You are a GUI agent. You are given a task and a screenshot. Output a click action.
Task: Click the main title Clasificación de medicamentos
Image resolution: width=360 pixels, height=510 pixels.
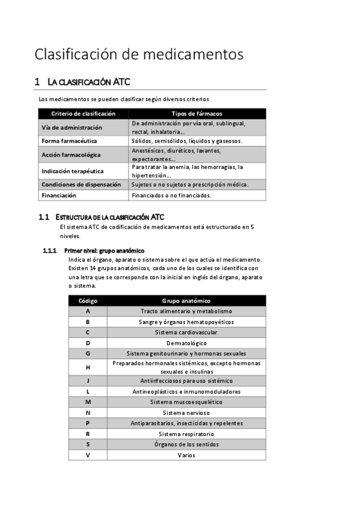tap(139, 54)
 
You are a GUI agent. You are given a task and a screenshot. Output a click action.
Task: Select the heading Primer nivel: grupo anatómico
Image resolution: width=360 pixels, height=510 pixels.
tap(104, 250)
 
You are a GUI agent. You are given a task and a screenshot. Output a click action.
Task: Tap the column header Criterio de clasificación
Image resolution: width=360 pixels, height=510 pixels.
tap(83, 113)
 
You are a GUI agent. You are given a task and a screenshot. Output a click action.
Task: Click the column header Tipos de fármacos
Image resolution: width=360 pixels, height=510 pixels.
tap(197, 113)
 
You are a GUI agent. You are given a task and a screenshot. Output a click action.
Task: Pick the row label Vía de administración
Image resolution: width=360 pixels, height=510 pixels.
tap(72, 127)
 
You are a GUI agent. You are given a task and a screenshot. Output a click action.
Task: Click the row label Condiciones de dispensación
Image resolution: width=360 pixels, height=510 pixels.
tap(81, 184)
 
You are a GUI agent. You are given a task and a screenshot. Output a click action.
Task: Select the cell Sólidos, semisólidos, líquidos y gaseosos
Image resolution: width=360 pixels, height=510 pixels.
tap(187, 141)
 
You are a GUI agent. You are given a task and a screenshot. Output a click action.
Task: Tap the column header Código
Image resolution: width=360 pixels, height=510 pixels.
tap(88, 300)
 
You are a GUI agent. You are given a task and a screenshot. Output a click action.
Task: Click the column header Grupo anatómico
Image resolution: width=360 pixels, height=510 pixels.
tap(186, 300)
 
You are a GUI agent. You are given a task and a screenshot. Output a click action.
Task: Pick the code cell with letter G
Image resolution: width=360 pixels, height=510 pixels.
tap(88, 353)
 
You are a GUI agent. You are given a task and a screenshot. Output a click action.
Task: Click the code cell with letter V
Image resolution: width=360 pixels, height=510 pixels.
tap(88, 455)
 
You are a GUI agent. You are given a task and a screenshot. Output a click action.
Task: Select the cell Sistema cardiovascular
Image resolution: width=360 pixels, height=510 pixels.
tap(186, 332)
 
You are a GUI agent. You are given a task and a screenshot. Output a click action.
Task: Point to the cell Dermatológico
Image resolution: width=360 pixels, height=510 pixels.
tap(186, 343)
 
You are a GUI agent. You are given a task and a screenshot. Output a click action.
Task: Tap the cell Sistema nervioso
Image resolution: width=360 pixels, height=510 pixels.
tap(186, 413)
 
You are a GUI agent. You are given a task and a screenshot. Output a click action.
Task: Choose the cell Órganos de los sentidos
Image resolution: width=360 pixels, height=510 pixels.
tap(186, 444)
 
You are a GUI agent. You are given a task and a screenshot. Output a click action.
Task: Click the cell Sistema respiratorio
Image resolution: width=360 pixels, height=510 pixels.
tap(186, 434)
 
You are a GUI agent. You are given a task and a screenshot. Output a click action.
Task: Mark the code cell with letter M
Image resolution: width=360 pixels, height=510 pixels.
tap(88, 402)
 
